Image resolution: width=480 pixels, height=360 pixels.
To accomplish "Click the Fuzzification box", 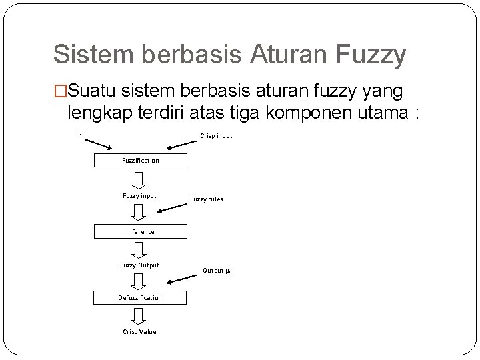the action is coord(141,161).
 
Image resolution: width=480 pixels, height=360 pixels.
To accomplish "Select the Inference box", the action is coord(141,232).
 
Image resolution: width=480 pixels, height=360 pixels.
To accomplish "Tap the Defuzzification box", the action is coord(141,298).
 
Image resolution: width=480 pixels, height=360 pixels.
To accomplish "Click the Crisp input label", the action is coord(216,137).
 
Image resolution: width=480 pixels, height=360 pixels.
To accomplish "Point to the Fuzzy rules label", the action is coord(207,199).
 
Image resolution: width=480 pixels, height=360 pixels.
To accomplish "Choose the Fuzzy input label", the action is coord(139,196).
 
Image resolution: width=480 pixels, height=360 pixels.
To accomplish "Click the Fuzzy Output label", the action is coord(139,265).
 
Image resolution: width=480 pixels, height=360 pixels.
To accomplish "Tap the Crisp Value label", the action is coord(139,332).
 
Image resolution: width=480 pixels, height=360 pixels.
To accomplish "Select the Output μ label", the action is coord(217,271).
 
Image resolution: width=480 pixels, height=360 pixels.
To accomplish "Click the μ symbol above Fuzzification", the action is coord(78,133).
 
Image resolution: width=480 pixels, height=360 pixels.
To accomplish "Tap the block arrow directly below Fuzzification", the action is coord(139,179).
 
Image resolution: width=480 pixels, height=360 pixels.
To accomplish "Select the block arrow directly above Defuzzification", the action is coord(139,282).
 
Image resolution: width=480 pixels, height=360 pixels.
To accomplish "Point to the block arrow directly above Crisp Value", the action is coord(139,315).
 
